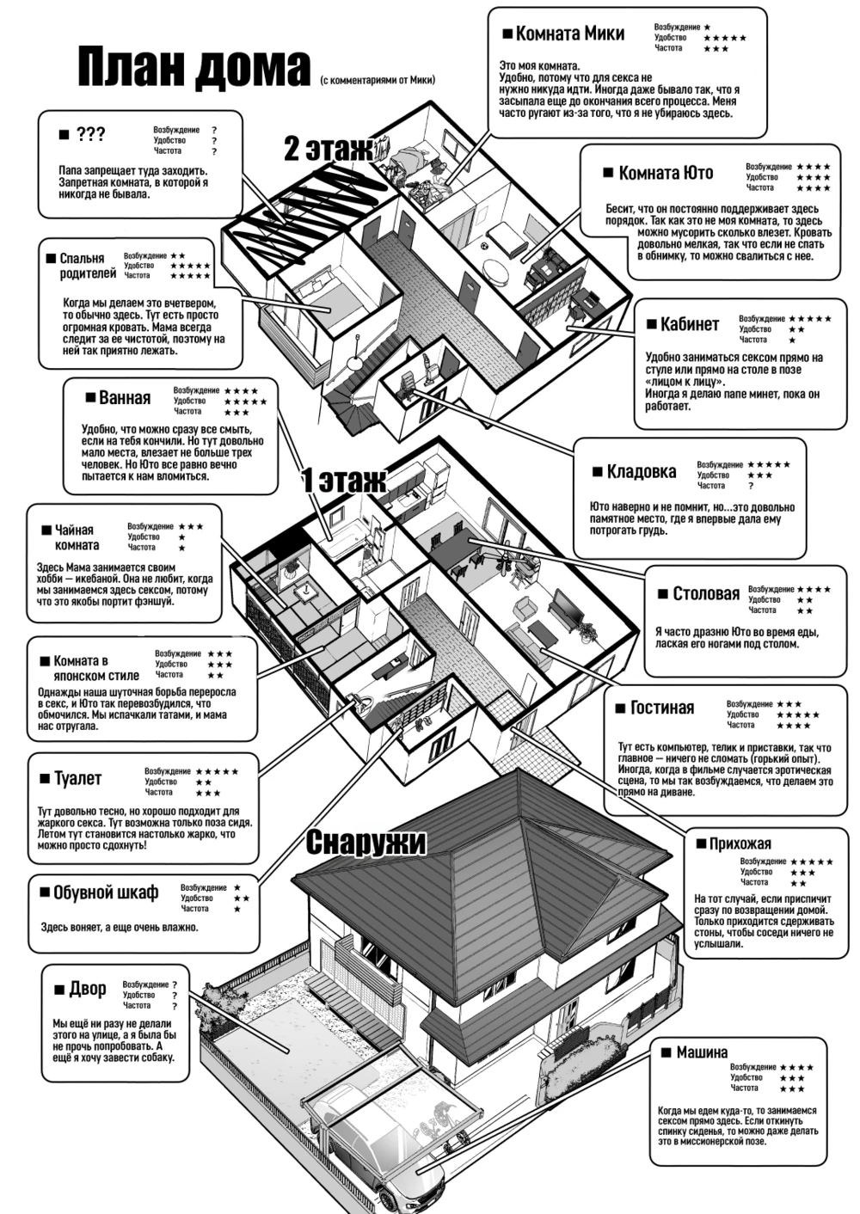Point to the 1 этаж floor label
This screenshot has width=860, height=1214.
(x=343, y=481)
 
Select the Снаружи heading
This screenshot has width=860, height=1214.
(x=365, y=842)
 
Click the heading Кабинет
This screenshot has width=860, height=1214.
(x=689, y=324)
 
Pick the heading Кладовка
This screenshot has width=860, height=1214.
(x=641, y=471)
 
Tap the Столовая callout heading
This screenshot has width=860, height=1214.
(x=705, y=593)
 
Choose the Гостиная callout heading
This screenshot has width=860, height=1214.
(x=661, y=708)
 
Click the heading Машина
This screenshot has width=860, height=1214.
(x=701, y=1052)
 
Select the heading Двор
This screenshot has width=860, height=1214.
(x=87, y=989)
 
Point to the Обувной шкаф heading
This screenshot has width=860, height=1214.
(x=105, y=892)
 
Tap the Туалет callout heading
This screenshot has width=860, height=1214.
(x=77, y=778)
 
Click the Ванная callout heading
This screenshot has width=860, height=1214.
(x=124, y=397)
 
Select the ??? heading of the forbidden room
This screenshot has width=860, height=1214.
(x=90, y=134)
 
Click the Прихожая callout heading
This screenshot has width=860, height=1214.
(x=739, y=843)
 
